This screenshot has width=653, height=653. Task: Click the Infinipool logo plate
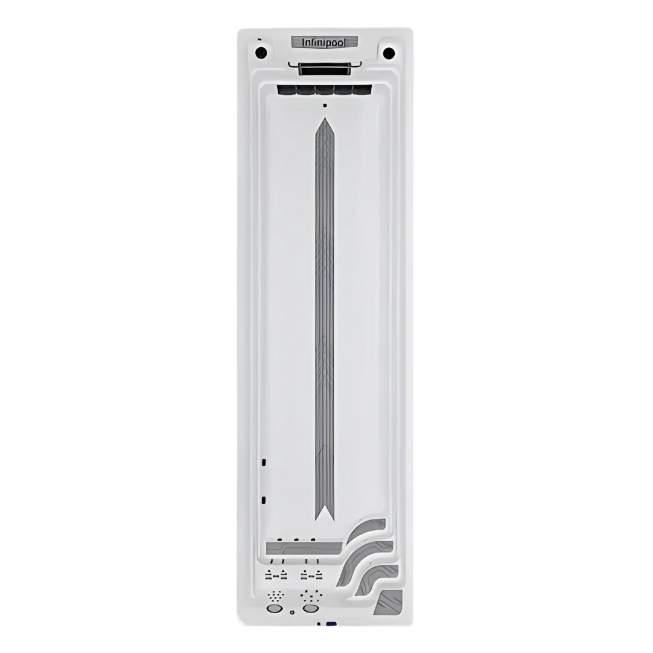[x=325, y=42]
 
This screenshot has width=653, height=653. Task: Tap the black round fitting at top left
[x=261, y=53]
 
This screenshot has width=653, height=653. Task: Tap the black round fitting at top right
[x=389, y=53]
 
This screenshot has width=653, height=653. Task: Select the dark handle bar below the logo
[x=325, y=69]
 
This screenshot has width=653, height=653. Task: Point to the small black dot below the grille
[x=325, y=105]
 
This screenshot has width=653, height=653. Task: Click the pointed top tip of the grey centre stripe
[x=325, y=118]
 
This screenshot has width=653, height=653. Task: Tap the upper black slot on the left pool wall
[x=264, y=462]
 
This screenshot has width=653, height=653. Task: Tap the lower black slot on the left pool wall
[x=264, y=500]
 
